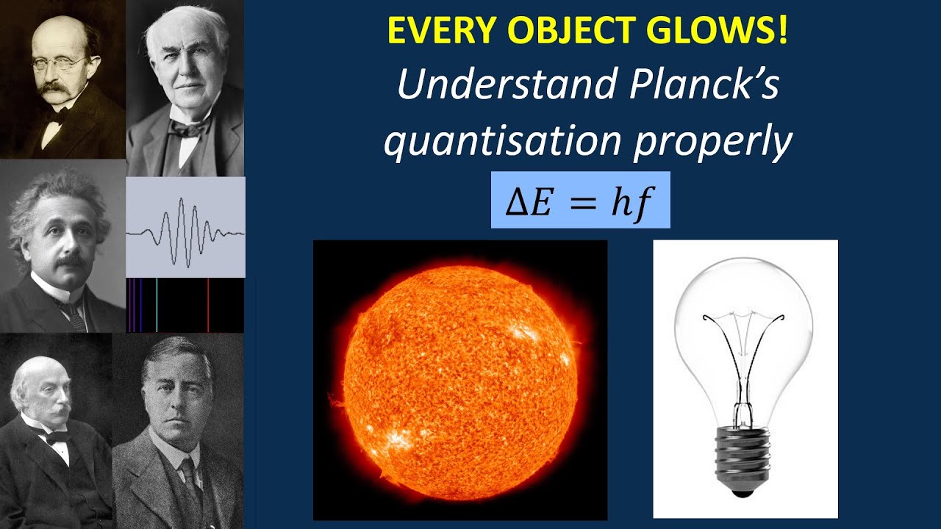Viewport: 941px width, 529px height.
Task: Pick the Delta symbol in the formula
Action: coord(515,201)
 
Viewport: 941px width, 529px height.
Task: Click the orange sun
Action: coord(460,379)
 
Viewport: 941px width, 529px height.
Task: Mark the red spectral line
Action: coord(208,305)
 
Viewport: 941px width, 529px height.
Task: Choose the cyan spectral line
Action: coord(157,305)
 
